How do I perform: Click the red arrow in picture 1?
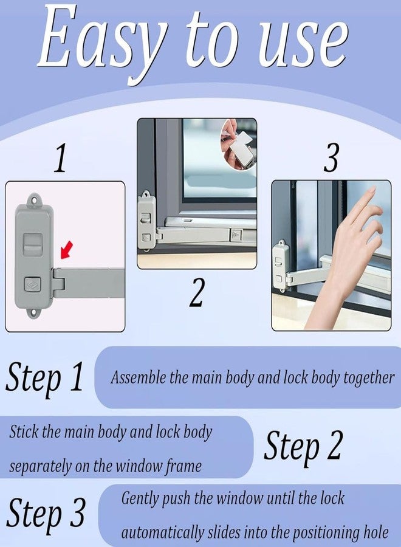point(67,249)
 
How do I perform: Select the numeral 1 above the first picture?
point(61,159)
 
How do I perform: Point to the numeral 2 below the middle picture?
point(197,292)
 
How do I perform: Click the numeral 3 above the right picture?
point(331,159)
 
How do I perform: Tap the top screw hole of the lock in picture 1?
point(34,201)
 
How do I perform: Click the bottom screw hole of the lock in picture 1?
point(34,313)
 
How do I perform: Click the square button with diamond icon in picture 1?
point(33,285)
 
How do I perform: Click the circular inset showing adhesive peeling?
point(239,144)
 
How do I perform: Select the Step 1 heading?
point(44,378)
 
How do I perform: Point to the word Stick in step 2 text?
point(24,432)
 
